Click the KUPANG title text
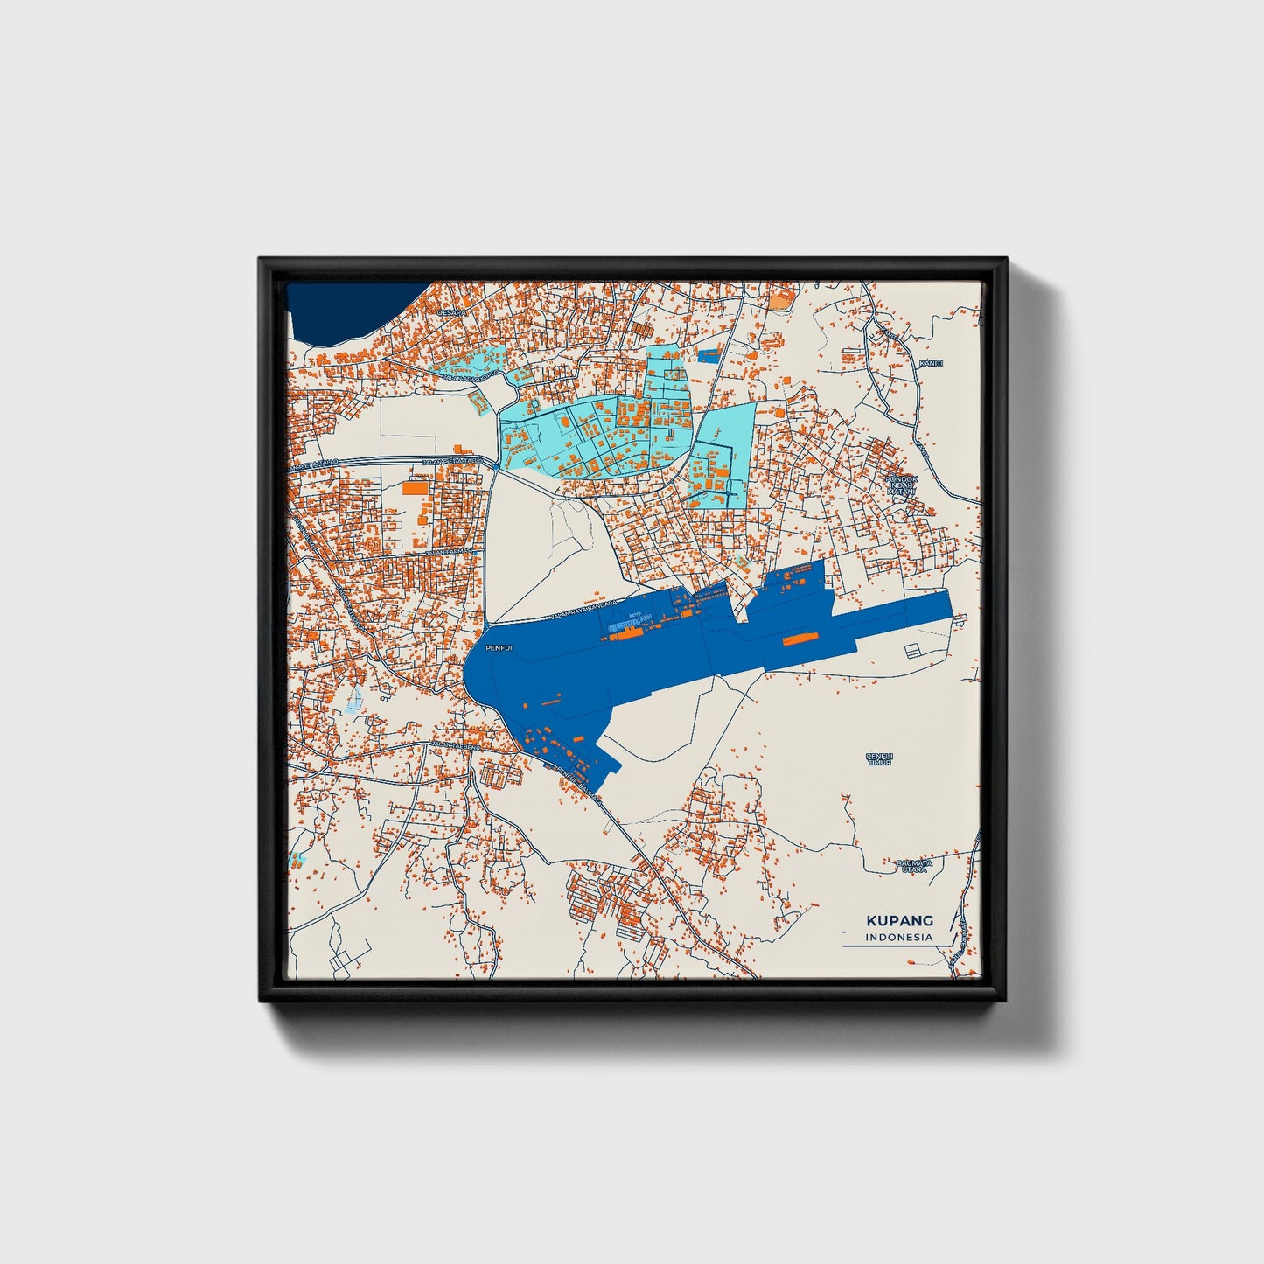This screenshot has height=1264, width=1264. tap(899, 920)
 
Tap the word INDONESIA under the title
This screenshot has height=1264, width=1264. tap(899, 937)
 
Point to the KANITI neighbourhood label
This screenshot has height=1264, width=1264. tap(931, 363)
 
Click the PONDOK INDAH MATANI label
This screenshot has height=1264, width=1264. tap(899, 485)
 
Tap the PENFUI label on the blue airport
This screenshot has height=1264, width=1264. tap(499, 648)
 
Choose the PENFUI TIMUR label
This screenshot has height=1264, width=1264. tap(879, 758)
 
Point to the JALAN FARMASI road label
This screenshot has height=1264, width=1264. tap(448, 553)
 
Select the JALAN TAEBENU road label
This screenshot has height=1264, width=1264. tap(456, 745)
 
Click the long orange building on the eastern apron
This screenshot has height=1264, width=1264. tap(795, 639)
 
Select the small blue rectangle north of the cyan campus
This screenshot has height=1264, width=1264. tap(708, 355)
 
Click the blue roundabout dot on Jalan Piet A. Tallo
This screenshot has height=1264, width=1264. tap(495, 467)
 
